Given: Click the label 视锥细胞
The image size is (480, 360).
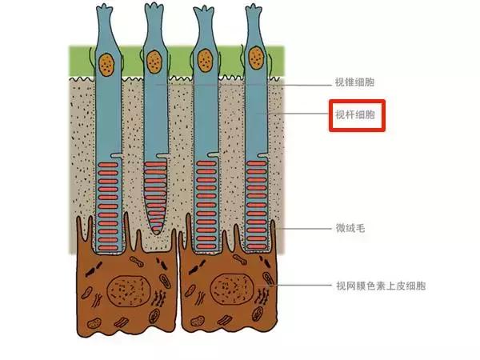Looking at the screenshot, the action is click(x=354, y=82).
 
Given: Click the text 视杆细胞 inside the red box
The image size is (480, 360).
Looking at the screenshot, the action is click(x=355, y=114).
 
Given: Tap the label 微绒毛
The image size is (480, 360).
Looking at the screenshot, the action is click(x=350, y=228).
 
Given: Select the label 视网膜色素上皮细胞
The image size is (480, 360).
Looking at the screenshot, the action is click(x=381, y=286).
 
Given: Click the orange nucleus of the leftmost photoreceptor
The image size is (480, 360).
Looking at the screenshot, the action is click(x=107, y=65).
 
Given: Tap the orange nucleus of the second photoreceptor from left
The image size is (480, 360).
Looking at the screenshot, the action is click(x=154, y=62).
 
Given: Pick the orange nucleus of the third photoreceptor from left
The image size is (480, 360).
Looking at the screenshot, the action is click(x=205, y=61).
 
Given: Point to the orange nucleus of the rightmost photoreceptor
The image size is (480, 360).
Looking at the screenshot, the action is click(x=256, y=58).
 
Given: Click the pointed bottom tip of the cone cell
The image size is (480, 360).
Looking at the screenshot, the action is click(x=157, y=234).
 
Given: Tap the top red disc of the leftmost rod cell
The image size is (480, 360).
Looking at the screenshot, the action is click(x=108, y=165).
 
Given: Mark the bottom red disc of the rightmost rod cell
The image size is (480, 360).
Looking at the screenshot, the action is click(x=256, y=246).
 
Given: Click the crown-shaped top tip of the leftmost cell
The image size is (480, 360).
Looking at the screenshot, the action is click(x=105, y=6).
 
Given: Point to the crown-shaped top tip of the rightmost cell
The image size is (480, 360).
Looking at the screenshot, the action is click(x=254, y=7).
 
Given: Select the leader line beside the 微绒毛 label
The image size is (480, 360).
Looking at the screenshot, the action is click(x=303, y=228).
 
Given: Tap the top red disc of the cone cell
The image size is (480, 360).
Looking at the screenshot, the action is click(x=155, y=164).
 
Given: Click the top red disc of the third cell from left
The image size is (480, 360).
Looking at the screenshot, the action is click(x=206, y=163).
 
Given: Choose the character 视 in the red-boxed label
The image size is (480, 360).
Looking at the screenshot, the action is click(x=341, y=114).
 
